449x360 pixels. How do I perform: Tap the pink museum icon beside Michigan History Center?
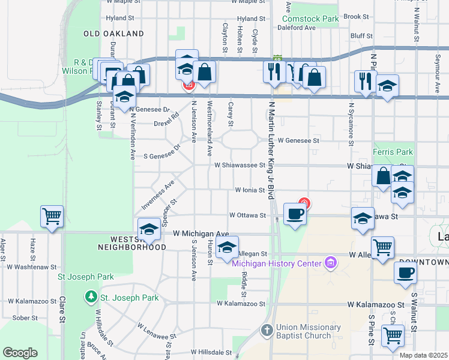pos(329,262)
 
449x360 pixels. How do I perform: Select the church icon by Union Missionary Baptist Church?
pos(268,331)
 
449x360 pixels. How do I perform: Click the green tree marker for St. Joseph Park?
pos(90,297)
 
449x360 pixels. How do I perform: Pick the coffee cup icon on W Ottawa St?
pos(294,214)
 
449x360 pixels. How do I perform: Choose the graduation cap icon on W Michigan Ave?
pos(149,230)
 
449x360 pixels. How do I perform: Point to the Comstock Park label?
pos(310,19)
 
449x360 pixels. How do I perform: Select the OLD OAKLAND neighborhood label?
pos(114,34)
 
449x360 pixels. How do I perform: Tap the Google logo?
pos(20,353)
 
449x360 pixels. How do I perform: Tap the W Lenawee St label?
pos(155,335)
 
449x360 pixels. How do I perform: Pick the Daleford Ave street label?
pos(298,28)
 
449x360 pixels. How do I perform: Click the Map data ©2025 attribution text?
pos(423,355)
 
